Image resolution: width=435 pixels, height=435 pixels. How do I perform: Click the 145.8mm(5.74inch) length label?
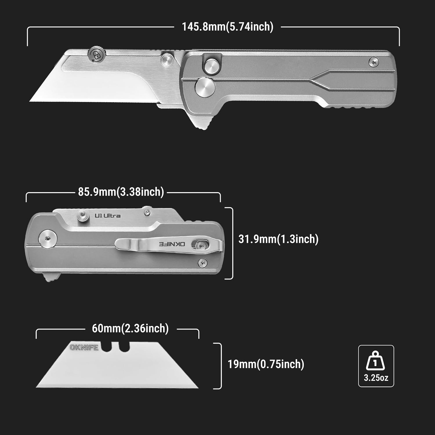click(x=228, y=27)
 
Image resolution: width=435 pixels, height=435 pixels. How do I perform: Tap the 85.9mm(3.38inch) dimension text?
click(x=121, y=192)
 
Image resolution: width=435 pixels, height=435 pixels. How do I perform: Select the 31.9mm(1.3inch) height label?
click(x=278, y=239)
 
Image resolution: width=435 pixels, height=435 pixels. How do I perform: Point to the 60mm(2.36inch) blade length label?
click(x=130, y=328)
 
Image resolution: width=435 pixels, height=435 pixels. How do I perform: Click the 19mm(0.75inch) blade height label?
click(x=266, y=364)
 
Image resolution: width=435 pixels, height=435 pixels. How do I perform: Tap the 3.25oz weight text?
click(x=376, y=378)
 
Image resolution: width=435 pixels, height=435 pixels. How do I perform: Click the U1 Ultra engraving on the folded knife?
click(x=108, y=215)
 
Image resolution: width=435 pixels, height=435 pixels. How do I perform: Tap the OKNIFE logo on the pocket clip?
click(x=172, y=244)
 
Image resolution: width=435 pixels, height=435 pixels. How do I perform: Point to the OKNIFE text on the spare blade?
click(x=84, y=347)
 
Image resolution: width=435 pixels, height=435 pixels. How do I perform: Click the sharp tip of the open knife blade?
click(x=30, y=101)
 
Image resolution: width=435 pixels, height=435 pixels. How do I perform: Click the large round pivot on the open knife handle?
click(x=205, y=87)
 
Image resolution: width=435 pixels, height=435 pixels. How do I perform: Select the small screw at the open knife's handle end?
click(x=374, y=62)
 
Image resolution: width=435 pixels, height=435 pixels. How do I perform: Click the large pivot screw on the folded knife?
click(x=48, y=239)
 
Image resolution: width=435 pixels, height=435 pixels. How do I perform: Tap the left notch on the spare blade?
click(x=106, y=347)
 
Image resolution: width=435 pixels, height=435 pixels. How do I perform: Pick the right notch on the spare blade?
click(x=124, y=347)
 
